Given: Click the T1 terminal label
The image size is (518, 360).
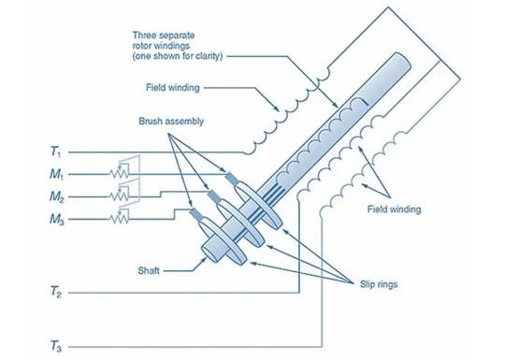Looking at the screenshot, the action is coord(55,151).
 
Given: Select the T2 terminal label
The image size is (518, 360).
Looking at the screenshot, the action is coord(55,292).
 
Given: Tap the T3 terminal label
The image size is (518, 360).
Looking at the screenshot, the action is coord(55,347).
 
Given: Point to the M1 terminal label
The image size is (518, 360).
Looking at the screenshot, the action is coord(57,174).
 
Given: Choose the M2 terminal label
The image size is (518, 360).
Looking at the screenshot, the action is coord(57,197).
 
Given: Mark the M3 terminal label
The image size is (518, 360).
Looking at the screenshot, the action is coord(57,219).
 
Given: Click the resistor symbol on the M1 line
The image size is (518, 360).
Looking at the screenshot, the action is coord(119,173).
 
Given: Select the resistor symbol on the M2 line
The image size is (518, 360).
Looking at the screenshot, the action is coord(119,195).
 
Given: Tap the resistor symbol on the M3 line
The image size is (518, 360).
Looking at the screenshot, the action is coord(119,218).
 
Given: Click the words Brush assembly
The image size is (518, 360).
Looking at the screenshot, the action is coord(171,122).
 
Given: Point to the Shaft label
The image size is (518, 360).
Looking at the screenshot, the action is coord(149,271).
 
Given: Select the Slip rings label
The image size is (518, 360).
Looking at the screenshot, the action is coord(379,284).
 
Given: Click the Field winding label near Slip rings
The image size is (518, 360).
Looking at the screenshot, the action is coord(395,209).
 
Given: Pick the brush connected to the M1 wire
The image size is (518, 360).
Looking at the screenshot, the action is coord(231,179).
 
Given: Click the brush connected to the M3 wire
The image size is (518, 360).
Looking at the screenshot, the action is coord(195,214).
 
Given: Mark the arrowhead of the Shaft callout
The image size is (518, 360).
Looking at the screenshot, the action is coord(204,260).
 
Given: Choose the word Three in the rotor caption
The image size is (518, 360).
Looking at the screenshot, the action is coord(144,36).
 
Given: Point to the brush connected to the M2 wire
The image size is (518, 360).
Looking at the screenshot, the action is coord(213,196).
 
